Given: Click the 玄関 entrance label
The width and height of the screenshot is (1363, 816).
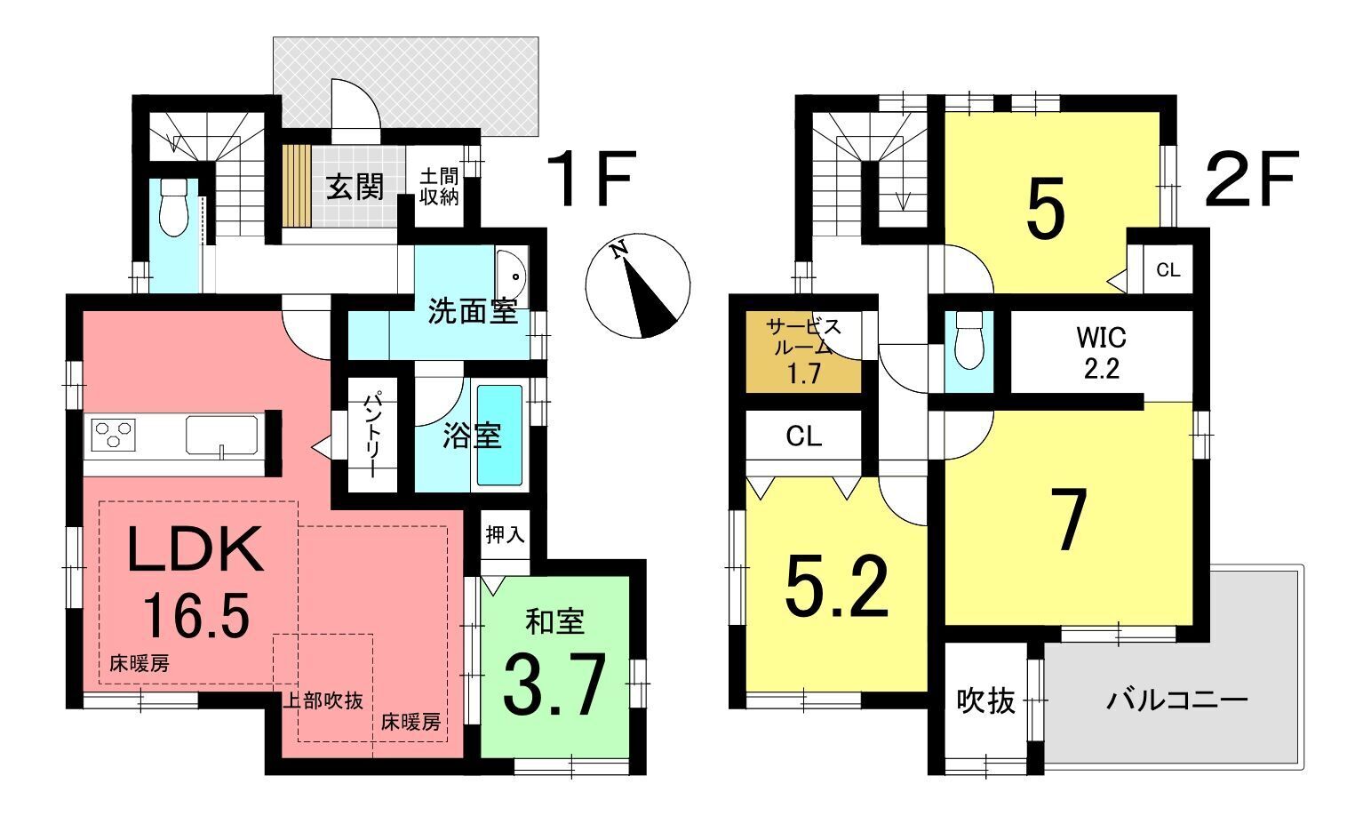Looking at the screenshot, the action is [355, 187].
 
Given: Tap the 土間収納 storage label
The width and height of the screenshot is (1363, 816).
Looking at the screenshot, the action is [439, 187].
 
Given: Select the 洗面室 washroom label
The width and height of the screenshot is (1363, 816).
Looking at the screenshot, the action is [473, 311].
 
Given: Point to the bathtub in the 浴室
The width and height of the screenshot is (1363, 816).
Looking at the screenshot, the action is [499, 435].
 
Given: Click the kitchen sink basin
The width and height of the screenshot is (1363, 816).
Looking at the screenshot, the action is [221, 435].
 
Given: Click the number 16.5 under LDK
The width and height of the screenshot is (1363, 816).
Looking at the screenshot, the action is [196, 616].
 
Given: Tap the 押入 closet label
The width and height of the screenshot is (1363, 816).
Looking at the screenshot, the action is [505, 534].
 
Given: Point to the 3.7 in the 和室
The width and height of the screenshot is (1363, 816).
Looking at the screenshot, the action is [554, 684].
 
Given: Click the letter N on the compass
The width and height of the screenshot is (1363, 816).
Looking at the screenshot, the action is [620, 250].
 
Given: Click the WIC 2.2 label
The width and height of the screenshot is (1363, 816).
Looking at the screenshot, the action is [1102, 353].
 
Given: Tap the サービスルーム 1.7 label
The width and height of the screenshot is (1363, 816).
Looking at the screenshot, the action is [804, 352].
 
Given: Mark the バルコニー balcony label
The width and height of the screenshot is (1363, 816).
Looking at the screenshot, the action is [1176, 700].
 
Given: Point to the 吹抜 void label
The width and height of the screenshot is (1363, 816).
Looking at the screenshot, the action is [985, 701].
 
